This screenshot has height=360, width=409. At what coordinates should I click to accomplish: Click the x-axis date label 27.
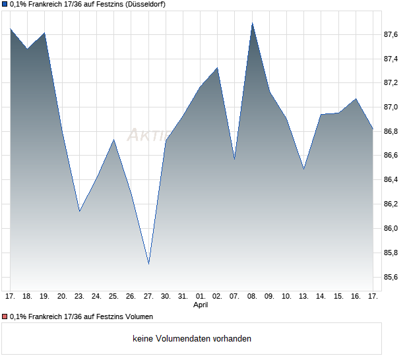click(148, 297)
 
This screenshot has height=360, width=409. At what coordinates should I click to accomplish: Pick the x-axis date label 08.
click(252, 297)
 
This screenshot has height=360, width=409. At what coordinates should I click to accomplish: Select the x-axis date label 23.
click(79, 297)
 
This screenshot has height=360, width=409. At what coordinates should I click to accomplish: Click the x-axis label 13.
click(303, 297)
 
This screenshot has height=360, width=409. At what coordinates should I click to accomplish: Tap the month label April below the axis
click(201, 305)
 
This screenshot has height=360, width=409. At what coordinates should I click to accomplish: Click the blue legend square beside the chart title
click(5, 5)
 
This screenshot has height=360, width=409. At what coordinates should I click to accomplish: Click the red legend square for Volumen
click(5, 316)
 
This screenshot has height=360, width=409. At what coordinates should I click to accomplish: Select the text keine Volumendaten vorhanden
click(192, 339)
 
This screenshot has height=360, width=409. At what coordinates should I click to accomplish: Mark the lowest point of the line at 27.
click(148, 264)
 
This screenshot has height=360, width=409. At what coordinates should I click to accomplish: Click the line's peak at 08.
click(252, 23)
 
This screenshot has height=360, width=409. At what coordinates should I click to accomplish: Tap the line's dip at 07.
click(235, 159)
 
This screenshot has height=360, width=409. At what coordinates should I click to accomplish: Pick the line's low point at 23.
click(79, 211)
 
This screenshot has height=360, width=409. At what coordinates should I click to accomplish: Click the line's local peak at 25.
click(114, 140)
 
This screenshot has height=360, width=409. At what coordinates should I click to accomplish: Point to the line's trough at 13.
click(303, 169)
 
